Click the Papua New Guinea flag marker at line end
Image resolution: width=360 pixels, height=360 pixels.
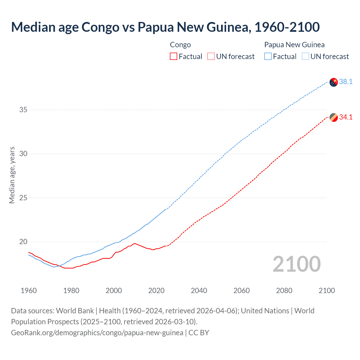[333, 82]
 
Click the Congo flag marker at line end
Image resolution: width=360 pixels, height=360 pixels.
[333, 118]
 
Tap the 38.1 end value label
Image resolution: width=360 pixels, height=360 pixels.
[346, 82]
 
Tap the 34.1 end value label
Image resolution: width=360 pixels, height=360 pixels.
[346, 117]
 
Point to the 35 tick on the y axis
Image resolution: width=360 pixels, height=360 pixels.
[23, 110]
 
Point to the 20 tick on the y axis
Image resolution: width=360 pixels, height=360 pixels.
[23, 242]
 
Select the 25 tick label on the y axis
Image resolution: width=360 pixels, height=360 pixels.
[23, 198]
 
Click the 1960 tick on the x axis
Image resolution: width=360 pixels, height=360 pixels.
[29, 291]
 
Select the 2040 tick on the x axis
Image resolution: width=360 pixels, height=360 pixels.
[199, 291]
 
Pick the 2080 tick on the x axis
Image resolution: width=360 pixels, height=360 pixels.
[284, 291]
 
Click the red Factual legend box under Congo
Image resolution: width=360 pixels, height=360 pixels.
[174, 57]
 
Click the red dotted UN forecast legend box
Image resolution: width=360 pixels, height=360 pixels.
[211, 57]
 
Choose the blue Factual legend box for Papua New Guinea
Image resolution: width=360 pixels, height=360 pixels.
[268, 57]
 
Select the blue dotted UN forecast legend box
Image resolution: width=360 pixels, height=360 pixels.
[305, 57]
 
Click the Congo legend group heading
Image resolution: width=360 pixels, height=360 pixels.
[180, 45]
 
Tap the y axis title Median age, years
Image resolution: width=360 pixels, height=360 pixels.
[12, 175]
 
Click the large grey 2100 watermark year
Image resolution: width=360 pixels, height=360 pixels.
[296, 264]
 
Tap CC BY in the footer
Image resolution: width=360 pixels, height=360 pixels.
[199, 333]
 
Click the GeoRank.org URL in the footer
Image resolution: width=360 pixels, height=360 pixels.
[97, 333]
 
